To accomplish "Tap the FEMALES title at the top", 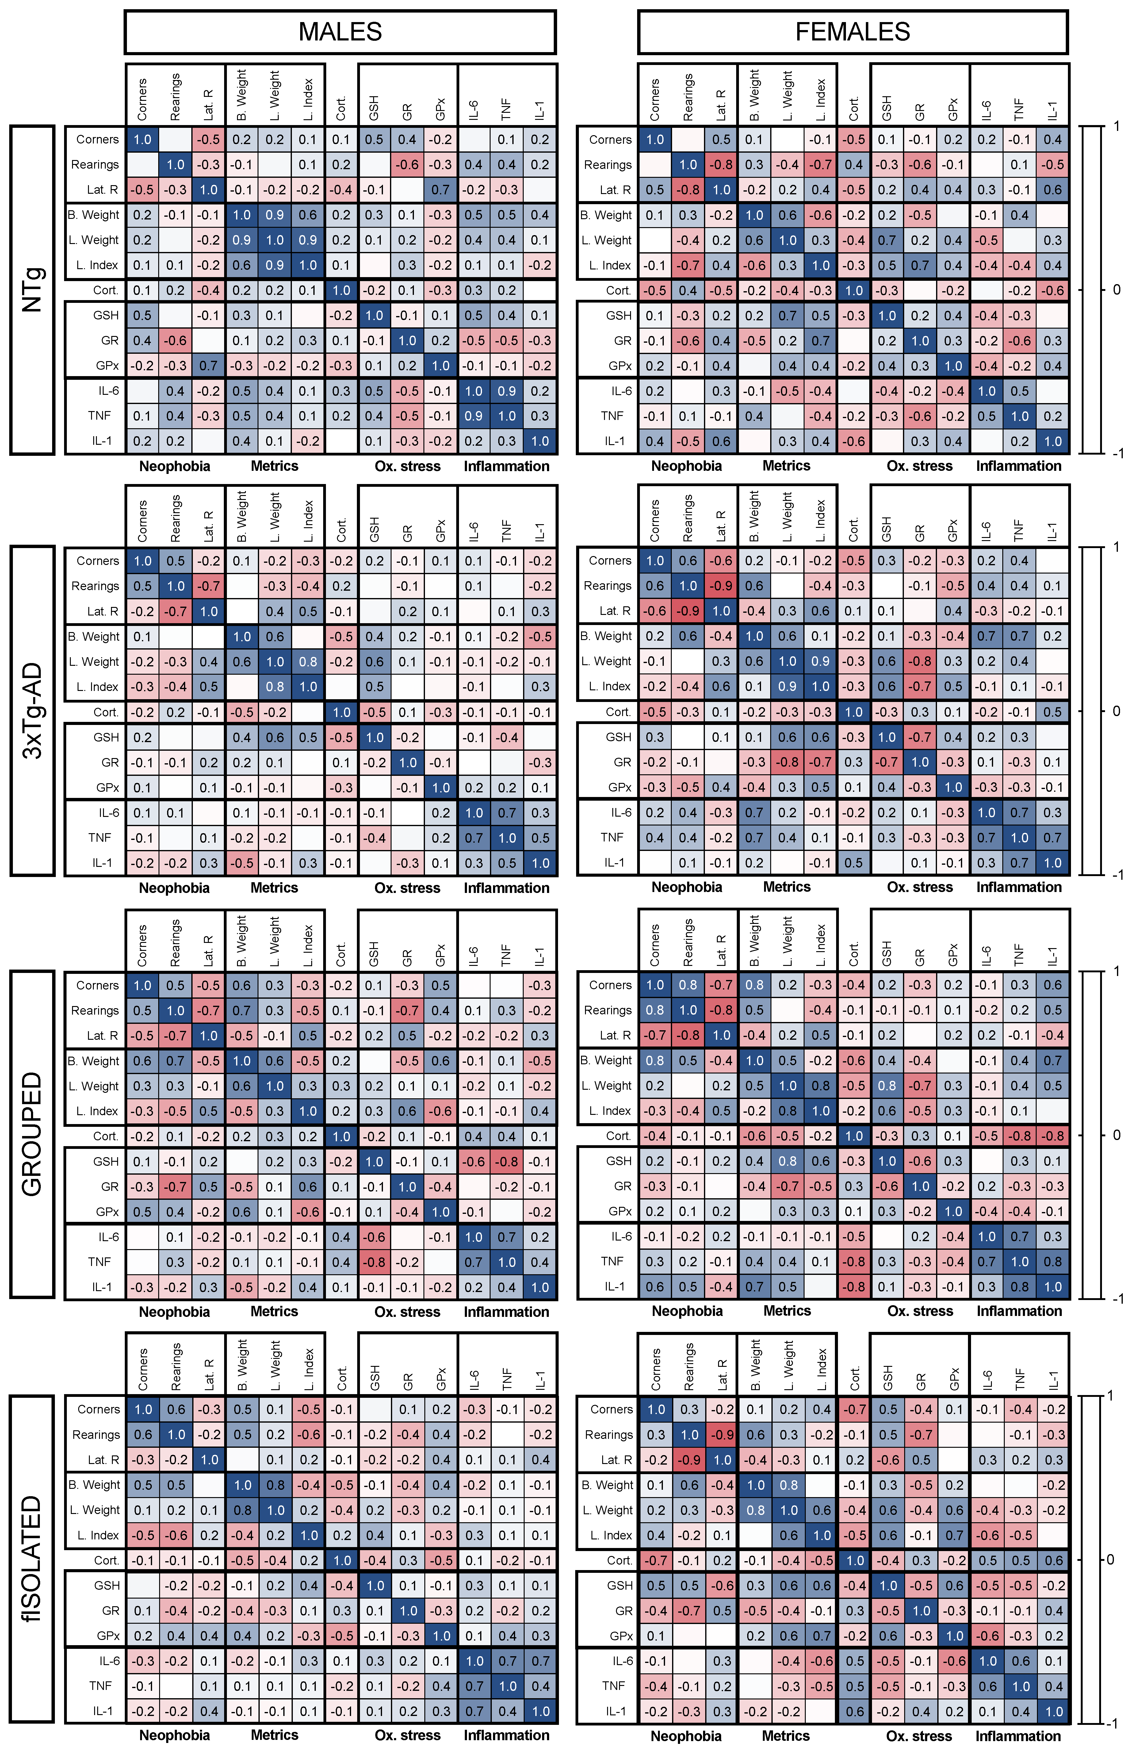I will click(853, 32).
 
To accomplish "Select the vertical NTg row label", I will click(32, 290).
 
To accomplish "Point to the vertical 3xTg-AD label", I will click(32, 711).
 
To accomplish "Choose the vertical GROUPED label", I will click(32, 1135).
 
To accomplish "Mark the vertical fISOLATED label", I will click(32, 1559).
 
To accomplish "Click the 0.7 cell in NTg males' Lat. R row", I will click(440, 189).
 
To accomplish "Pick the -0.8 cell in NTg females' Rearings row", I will click(721, 165).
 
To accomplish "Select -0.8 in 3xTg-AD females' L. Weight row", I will click(920, 661).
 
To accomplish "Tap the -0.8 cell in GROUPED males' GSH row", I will click(507, 1161).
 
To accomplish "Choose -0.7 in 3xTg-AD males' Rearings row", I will click(209, 586).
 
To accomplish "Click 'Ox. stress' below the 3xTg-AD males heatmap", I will click(407, 887).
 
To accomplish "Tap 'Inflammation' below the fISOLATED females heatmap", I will click(1018, 1735).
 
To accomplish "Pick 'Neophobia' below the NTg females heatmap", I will click(686, 466).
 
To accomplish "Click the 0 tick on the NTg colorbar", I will click(1116, 290).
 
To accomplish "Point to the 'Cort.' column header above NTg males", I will click(341, 109).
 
